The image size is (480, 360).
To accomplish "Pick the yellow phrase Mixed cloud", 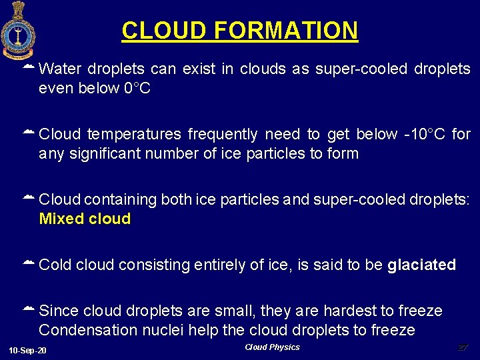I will (85, 219).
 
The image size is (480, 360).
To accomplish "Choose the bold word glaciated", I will (421, 265).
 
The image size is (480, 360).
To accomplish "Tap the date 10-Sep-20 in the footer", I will (28, 351).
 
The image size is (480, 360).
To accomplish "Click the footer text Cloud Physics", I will (272, 347).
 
